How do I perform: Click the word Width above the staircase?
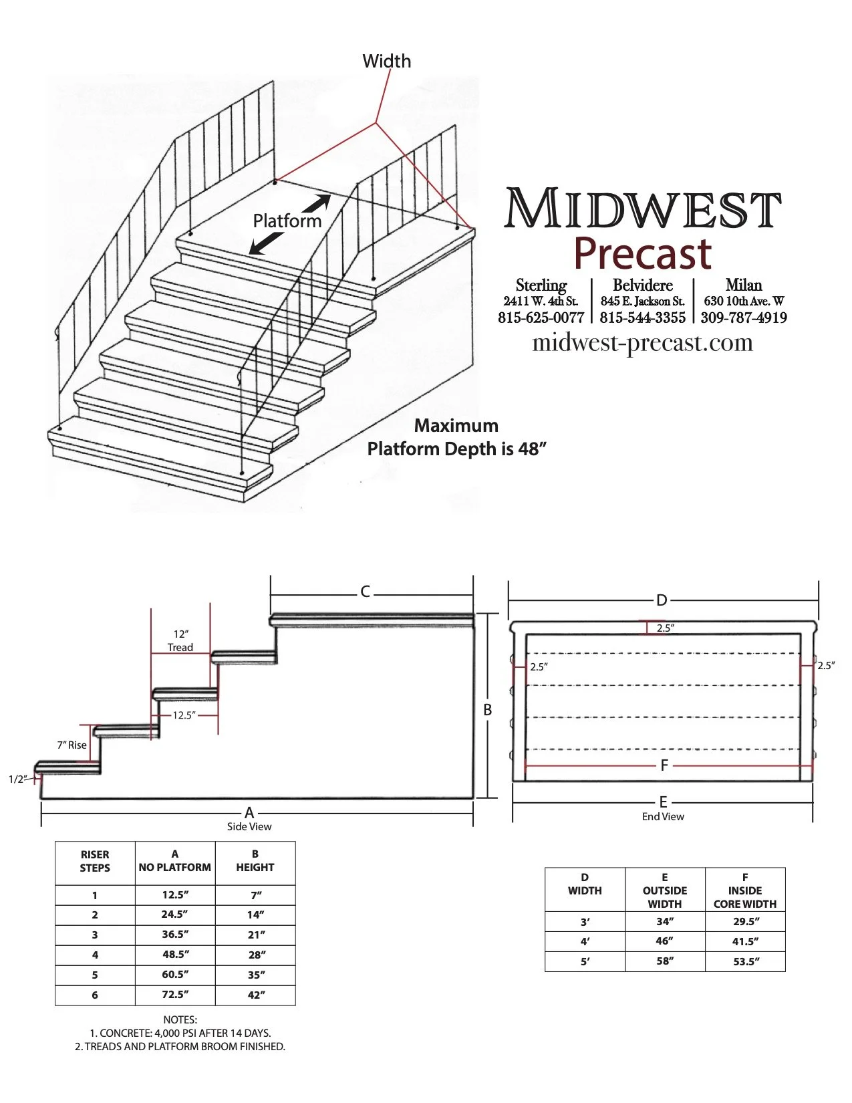[x=386, y=62]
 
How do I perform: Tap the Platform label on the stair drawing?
[x=287, y=221]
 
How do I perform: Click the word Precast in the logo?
[x=643, y=253]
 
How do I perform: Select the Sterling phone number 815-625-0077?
[x=541, y=318]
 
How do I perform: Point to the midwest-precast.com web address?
[x=642, y=343]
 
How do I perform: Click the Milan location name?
[x=744, y=285]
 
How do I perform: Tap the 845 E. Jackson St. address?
[x=642, y=301]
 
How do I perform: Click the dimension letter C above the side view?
[x=366, y=592]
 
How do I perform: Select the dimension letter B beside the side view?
[x=488, y=710]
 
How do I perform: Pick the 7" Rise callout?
[x=72, y=745]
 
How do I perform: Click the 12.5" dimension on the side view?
[x=184, y=715]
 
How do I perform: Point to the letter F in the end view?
[x=664, y=765]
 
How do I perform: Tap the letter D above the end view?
[x=662, y=600]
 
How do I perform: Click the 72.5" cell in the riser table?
[x=175, y=995]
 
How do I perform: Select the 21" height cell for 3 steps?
[x=256, y=935]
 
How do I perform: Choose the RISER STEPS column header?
[x=95, y=861]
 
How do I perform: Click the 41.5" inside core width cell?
[x=744, y=941]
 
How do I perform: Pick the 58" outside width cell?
[x=665, y=961]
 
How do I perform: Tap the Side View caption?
[x=249, y=827]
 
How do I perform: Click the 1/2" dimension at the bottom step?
[x=17, y=779]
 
